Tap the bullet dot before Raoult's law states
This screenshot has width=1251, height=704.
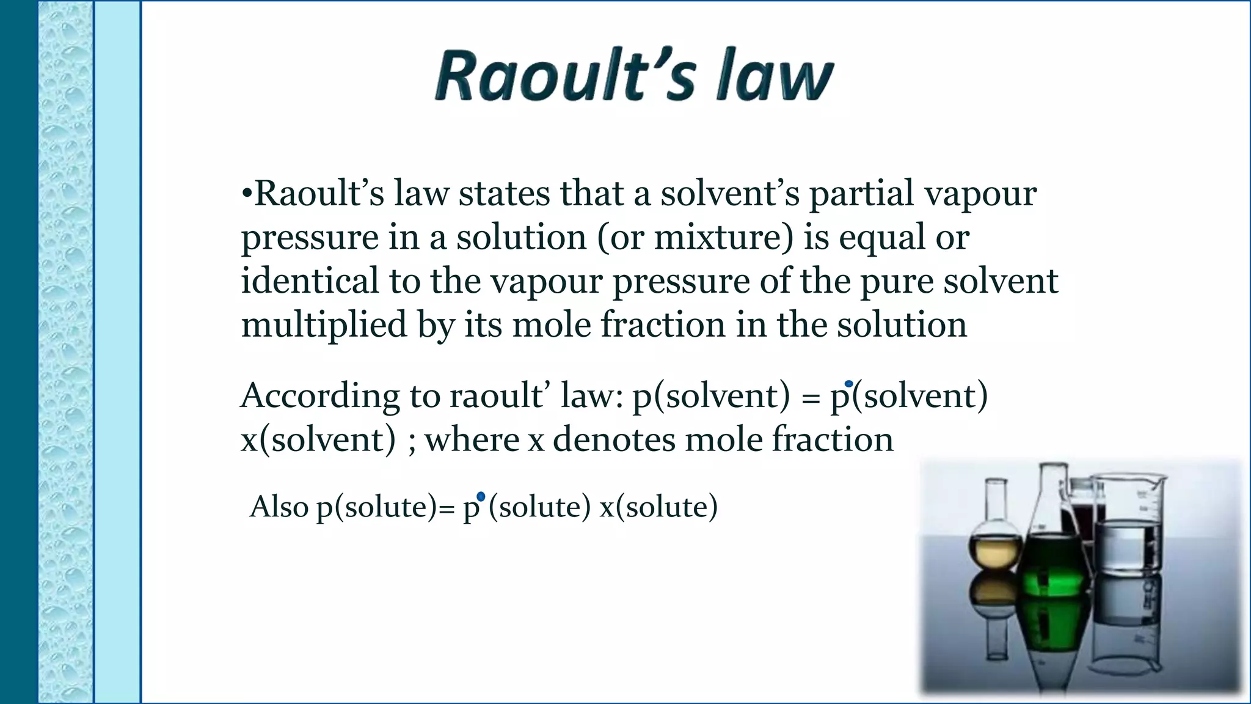click(247, 194)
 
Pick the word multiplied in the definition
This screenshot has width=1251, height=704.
click(324, 325)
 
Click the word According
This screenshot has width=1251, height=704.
click(320, 397)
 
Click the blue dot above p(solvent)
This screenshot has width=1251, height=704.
click(848, 384)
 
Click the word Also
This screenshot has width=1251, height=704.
click(279, 507)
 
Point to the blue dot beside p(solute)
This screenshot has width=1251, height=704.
click(481, 496)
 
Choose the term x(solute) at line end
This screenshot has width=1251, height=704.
click(658, 507)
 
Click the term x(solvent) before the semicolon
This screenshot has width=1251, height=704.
click(318, 440)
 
